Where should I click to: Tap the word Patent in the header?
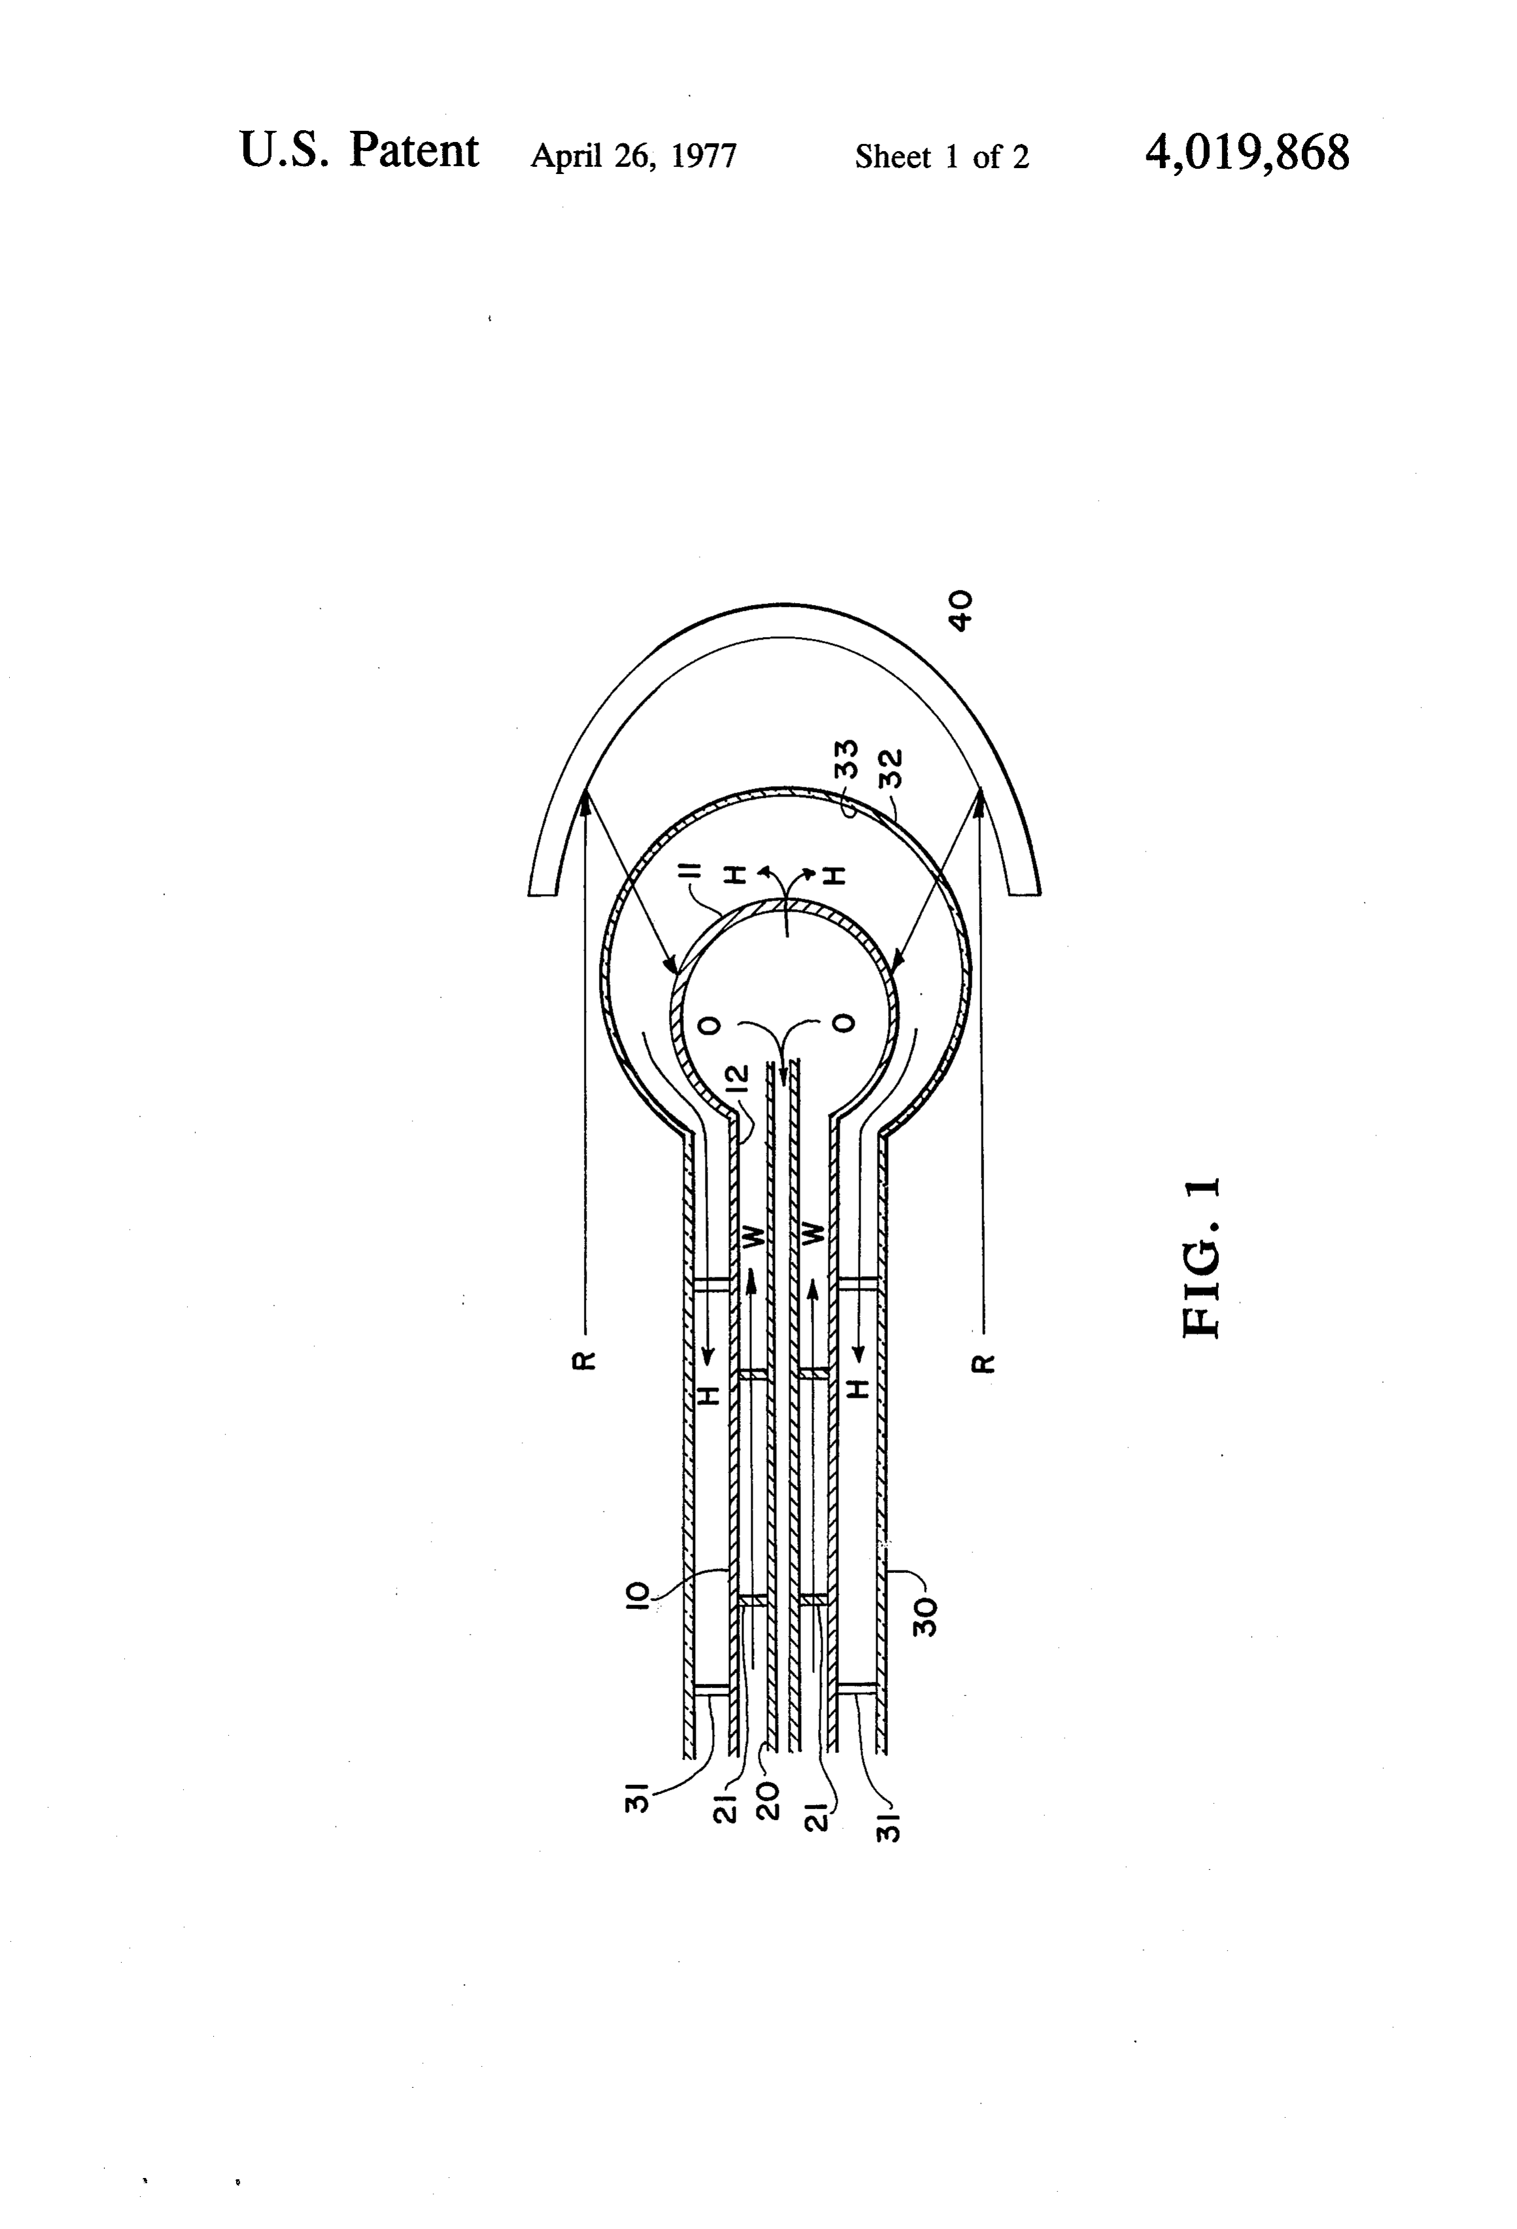point(413,150)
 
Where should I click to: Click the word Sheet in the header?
point(893,156)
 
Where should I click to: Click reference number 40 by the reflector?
point(960,610)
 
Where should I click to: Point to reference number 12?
point(736,1081)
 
